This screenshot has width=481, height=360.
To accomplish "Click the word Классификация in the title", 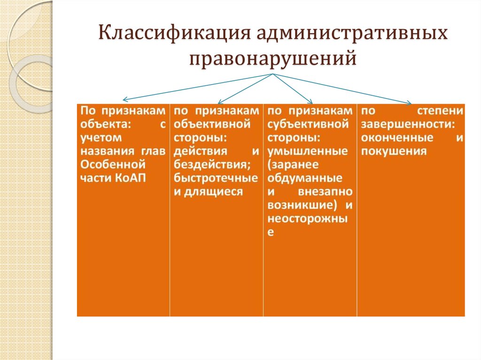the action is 175,33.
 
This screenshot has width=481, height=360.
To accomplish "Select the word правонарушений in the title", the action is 273,58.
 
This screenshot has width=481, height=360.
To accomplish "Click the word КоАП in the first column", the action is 131,178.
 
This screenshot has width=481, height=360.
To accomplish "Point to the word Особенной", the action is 113,165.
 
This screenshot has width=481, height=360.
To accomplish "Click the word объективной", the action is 212,124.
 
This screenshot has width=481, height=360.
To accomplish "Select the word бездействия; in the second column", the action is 212,165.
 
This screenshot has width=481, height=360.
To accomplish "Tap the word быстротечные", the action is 216,178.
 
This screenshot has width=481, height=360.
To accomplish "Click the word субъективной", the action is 308,124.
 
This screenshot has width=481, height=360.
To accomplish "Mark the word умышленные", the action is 307,151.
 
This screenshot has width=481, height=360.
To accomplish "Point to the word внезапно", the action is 325,191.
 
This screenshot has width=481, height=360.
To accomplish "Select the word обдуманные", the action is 304,178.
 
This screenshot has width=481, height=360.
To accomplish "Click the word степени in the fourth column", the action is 440,111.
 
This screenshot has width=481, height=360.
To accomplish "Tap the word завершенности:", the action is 408,124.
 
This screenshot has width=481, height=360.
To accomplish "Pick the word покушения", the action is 394,151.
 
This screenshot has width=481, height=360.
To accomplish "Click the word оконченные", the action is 397,138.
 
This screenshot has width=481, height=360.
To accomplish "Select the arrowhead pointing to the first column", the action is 124,100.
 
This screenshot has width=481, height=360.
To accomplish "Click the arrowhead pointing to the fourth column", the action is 410,103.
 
